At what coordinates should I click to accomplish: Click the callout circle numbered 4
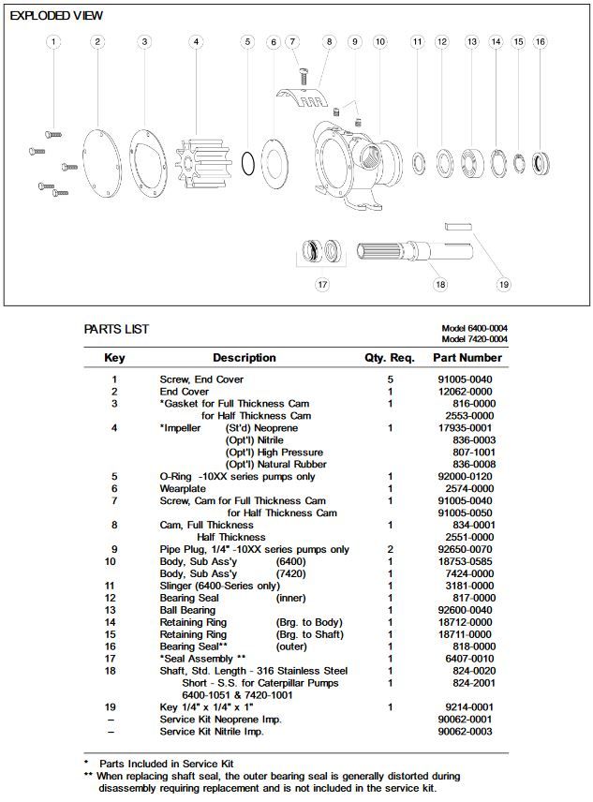196,41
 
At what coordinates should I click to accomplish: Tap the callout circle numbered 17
322,284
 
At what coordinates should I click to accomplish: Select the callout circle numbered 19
503,284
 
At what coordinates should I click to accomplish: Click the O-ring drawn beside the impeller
246,162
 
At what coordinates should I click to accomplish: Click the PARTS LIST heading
116,330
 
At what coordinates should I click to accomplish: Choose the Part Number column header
467,357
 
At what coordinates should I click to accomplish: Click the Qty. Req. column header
389,357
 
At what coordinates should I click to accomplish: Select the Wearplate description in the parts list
183,488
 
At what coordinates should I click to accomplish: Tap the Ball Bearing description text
186,610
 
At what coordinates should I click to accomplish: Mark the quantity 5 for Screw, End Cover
390,379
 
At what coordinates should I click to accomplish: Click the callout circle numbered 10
379,41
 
